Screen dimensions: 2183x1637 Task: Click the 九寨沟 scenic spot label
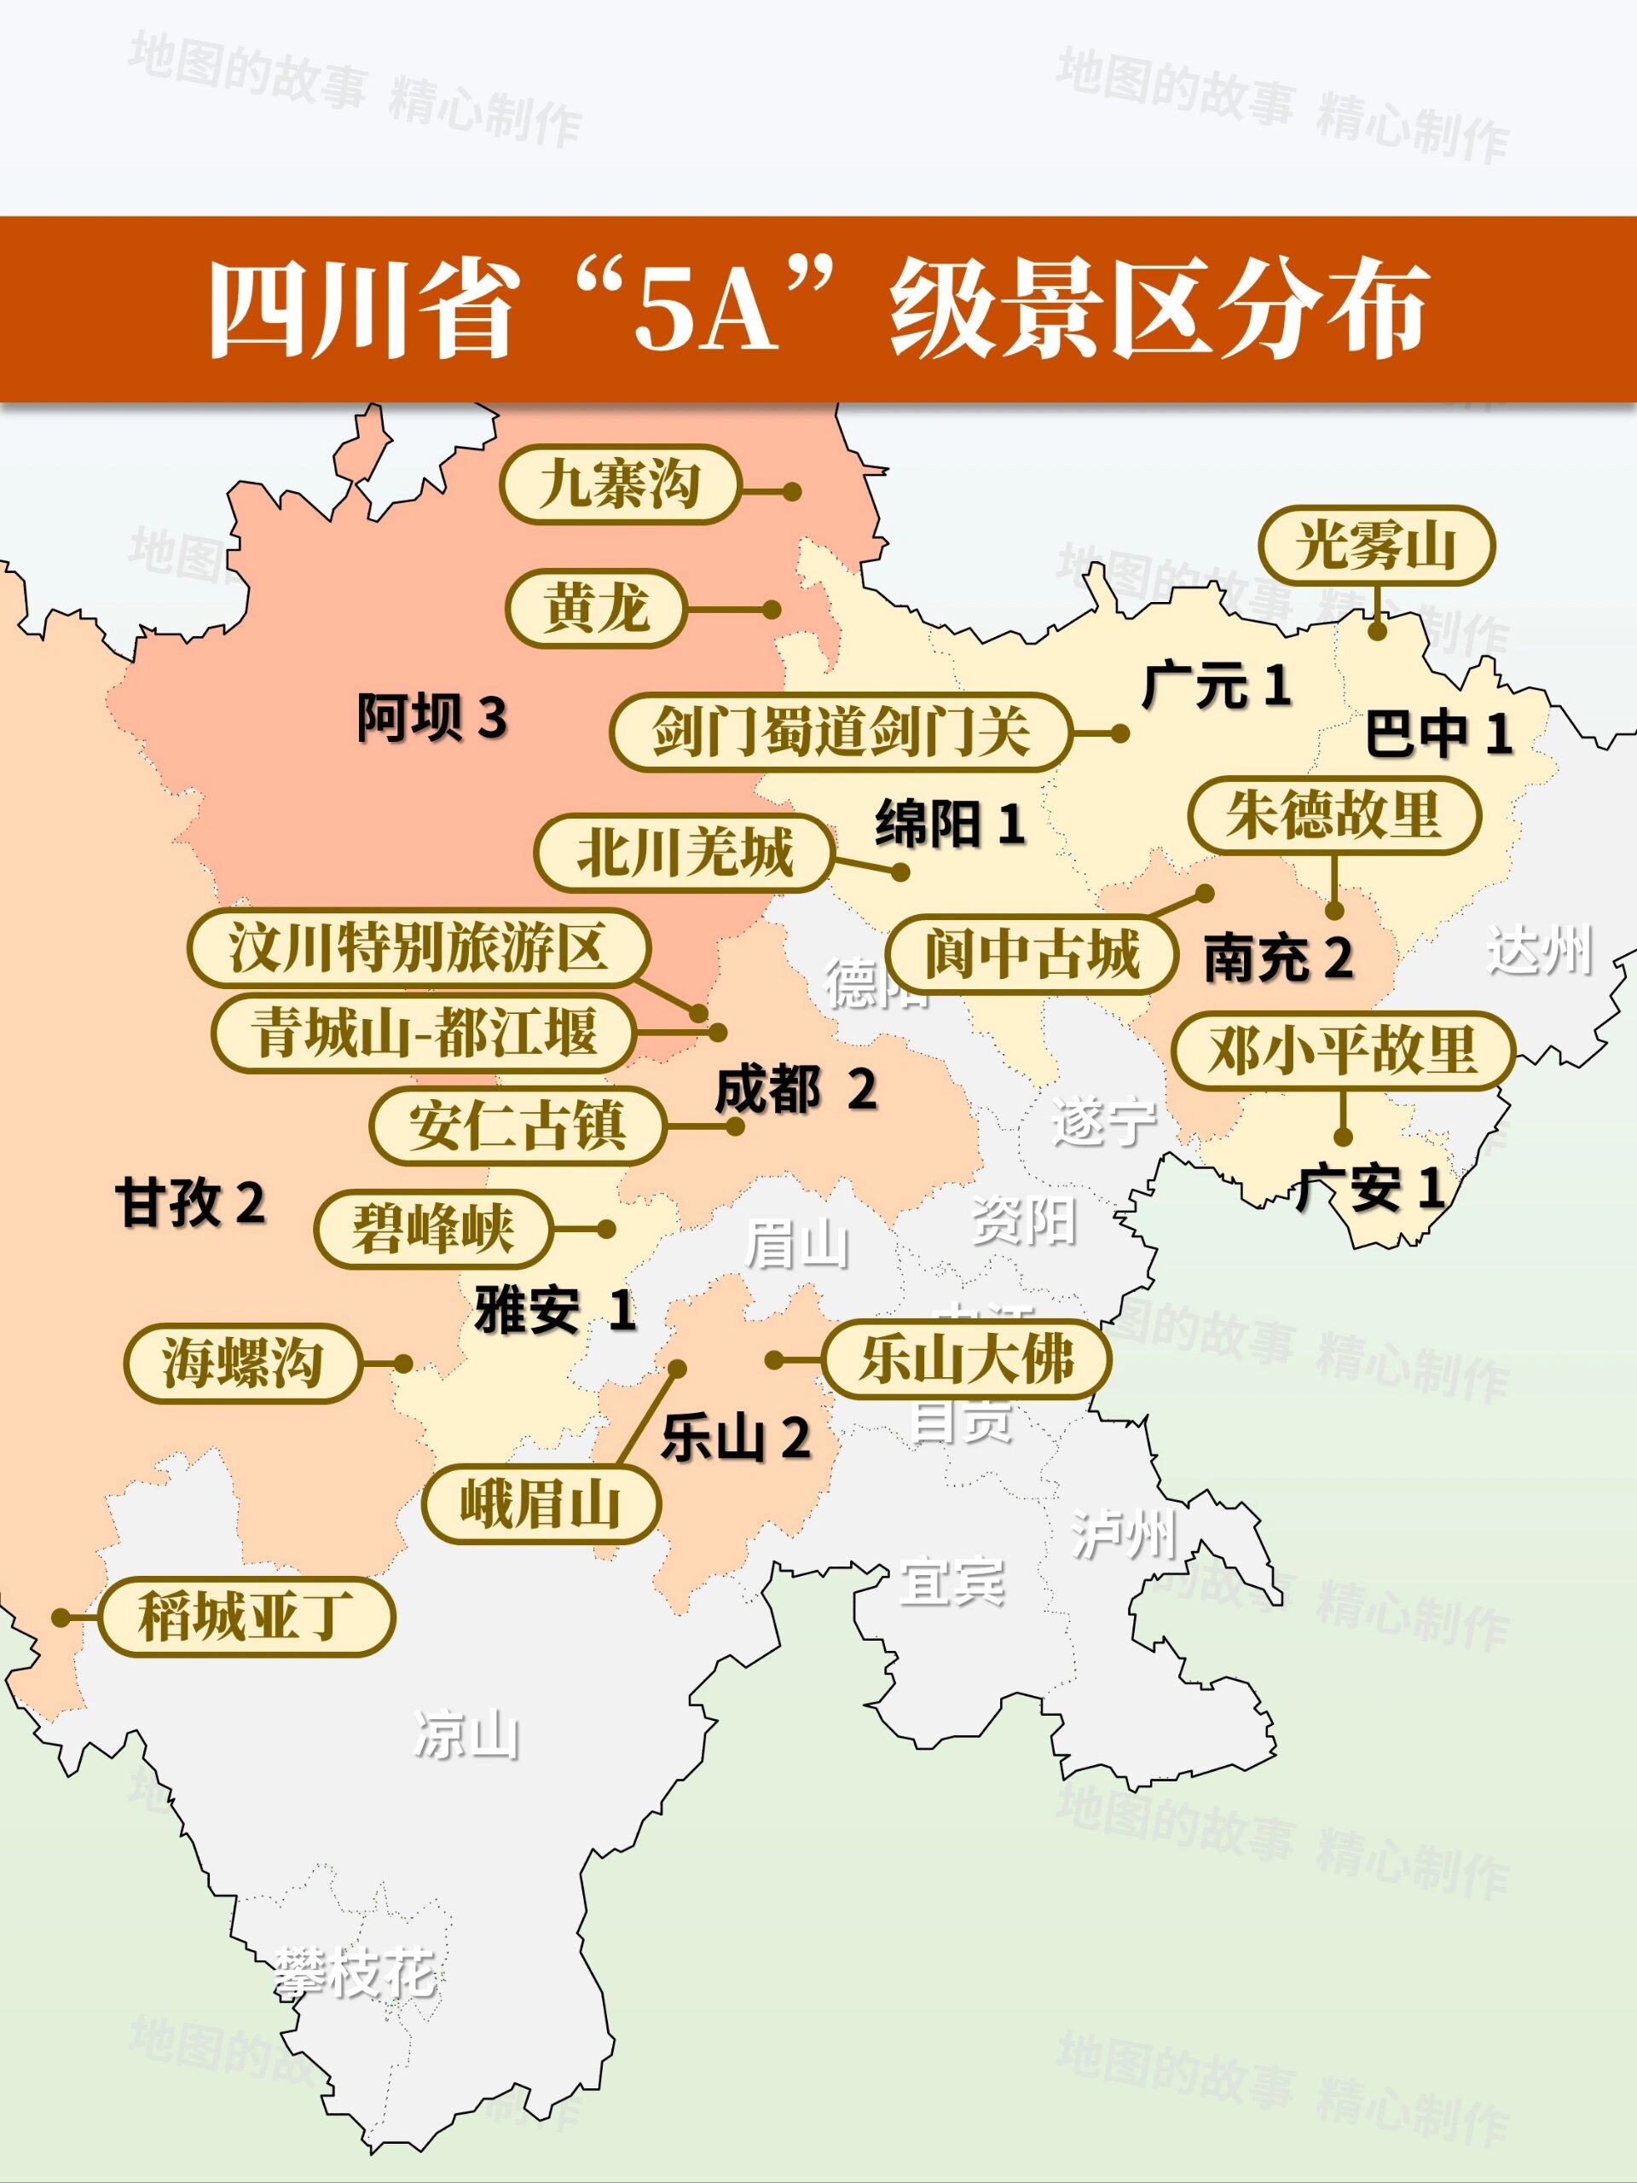pyautogui.click(x=619, y=484)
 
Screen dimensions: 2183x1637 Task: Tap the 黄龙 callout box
pyautogui.click(x=595, y=608)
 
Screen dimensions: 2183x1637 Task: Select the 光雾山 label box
pyautogui.click(x=1375, y=546)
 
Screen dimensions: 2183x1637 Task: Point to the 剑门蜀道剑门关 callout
pyautogui.click(x=840, y=732)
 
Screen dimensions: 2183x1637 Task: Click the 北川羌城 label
pyautogui.click(x=684, y=853)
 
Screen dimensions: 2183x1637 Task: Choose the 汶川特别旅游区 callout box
pyautogui.click(x=419, y=948)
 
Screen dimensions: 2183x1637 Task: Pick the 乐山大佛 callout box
pyautogui.click(x=965, y=1359)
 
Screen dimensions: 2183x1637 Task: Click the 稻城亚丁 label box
pyautogui.click(x=246, y=1617)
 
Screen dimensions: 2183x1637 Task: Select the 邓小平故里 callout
pyautogui.click(x=1342, y=1050)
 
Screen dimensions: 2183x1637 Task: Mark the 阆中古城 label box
pyautogui.click(x=1031, y=953)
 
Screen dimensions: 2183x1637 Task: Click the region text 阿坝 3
pyautogui.click(x=431, y=717)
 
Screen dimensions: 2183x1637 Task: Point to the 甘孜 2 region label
pyautogui.click(x=190, y=1203)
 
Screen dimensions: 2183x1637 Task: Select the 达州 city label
pyautogui.click(x=1538, y=951)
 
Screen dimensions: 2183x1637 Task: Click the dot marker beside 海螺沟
pyautogui.click(x=402, y=1364)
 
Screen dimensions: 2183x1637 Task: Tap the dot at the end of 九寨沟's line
pyautogui.click(x=791, y=491)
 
